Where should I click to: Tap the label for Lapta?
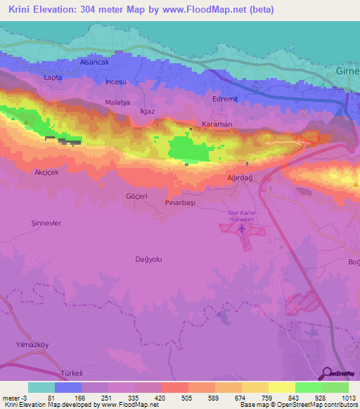click(x=53, y=77)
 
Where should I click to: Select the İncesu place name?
click(x=115, y=82)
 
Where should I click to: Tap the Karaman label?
click(x=217, y=124)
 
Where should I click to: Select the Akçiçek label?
click(x=46, y=171)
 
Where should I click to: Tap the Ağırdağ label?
click(x=241, y=178)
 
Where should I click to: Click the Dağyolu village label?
click(x=148, y=259)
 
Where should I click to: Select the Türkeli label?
click(x=72, y=372)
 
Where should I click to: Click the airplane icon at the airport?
click(x=243, y=228)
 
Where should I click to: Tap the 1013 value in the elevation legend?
click(x=340, y=398)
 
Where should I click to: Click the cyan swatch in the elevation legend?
click(x=41, y=387)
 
